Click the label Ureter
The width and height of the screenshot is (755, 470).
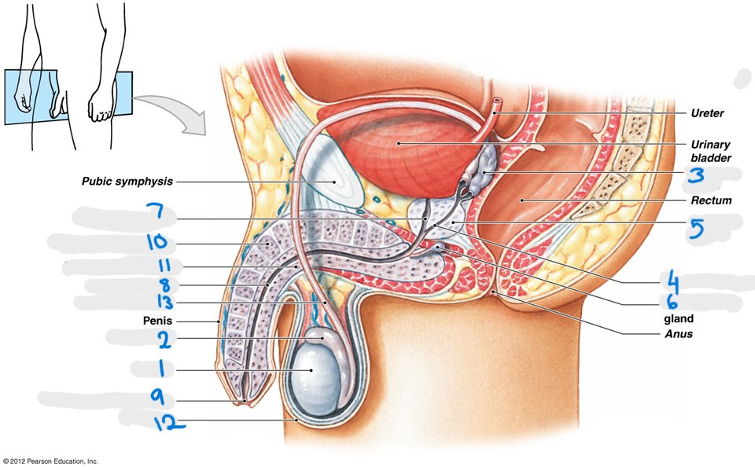pyautogui.click(x=707, y=113)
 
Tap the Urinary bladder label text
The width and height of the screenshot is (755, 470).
pyautogui.click(x=711, y=151)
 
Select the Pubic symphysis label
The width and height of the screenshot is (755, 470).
pyautogui.click(x=127, y=182)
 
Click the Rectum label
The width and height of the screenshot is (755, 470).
pyautogui.click(x=711, y=200)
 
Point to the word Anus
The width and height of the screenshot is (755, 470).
pyautogui.click(x=679, y=334)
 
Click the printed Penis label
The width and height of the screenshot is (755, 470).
pyautogui.click(x=157, y=321)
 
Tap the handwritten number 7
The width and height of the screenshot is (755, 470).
pyautogui.click(x=155, y=212)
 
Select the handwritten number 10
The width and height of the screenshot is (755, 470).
pyautogui.click(x=157, y=242)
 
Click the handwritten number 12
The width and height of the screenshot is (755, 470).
pyautogui.click(x=169, y=423)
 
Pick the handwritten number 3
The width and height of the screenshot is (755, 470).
pyautogui.click(x=696, y=175)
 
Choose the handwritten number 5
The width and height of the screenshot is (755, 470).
pyautogui.click(x=696, y=229)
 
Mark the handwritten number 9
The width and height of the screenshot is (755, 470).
pyautogui.click(x=157, y=397)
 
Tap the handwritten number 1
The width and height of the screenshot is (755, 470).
pyautogui.click(x=161, y=369)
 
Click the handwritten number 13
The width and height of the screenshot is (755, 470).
pyautogui.click(x=165, y=302)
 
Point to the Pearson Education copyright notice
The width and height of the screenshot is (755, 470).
pyautogui.click(x=50, y=461)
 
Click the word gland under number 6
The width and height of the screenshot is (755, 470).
pyautogui.click(x=679, y=319)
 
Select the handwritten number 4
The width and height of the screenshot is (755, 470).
pyautogui.click(x=673, y=281)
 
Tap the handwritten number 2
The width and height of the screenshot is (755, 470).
pyautogui.click(x=164, y=340)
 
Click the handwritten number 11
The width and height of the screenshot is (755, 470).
pyautogui.click(x=164, y=265)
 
